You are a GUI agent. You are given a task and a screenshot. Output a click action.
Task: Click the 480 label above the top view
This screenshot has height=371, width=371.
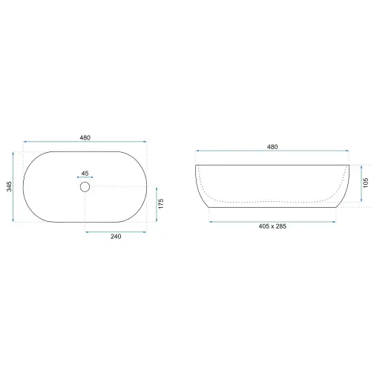click(x=85, y=138)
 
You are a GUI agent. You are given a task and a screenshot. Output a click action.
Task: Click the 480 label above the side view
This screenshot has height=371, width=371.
click(x=272, y=147)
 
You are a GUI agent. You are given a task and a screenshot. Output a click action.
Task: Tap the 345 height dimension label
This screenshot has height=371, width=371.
click(x=9, y=186)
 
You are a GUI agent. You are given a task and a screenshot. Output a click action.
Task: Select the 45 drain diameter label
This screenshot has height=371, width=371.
click(x=85, y=174)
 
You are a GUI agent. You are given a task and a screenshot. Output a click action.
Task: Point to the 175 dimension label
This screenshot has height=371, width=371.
click(x=161, y=204)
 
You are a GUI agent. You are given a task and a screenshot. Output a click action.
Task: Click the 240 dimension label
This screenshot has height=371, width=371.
click(x=116, y=237)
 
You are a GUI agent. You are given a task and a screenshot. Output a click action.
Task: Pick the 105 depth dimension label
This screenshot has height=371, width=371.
click(x=366, y=183)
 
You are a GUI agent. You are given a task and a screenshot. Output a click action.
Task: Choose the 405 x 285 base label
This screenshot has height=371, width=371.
click(x=272, y=226)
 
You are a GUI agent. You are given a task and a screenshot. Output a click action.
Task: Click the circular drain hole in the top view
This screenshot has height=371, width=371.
click(x=85, y=187)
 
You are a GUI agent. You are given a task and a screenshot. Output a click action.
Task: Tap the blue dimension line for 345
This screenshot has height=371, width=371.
click(x=13, y=187)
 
